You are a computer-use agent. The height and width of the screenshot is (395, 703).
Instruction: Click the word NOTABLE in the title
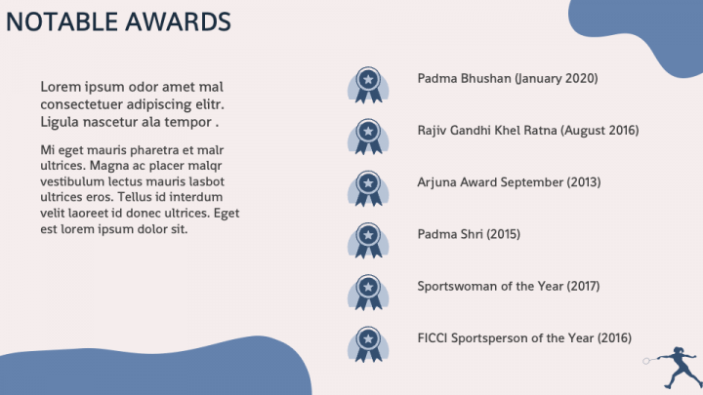click(x=62, y=21)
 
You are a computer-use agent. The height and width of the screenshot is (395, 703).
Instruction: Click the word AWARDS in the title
click(x=178, y=21)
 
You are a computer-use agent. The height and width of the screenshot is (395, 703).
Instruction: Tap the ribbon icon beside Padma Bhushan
click(x=368, y=85)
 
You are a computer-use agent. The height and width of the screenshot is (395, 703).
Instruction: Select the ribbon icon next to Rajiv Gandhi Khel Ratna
click(x=368, y=138)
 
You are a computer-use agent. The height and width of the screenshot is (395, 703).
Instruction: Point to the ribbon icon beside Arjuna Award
click(x=368, y=189)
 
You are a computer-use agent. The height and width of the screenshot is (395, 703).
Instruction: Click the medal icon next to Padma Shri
click(x=368, y=241)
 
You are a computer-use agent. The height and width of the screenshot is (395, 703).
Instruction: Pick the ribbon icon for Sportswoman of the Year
click(x=368, y=293)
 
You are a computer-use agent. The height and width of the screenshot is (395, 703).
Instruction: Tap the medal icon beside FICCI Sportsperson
click(x=368, y=345)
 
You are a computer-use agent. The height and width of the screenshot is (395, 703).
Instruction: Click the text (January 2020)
click(x=556, y=79)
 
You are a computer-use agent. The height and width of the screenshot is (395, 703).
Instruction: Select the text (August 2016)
click(x=600, y=131)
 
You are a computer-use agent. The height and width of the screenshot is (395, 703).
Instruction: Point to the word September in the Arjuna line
click(x=532, y=182)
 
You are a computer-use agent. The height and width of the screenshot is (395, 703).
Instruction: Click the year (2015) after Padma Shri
click(x=503, y=234)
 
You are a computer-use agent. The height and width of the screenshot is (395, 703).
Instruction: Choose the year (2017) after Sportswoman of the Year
click(x=583, y=286)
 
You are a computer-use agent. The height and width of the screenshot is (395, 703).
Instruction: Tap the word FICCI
click(x=433, y=338)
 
